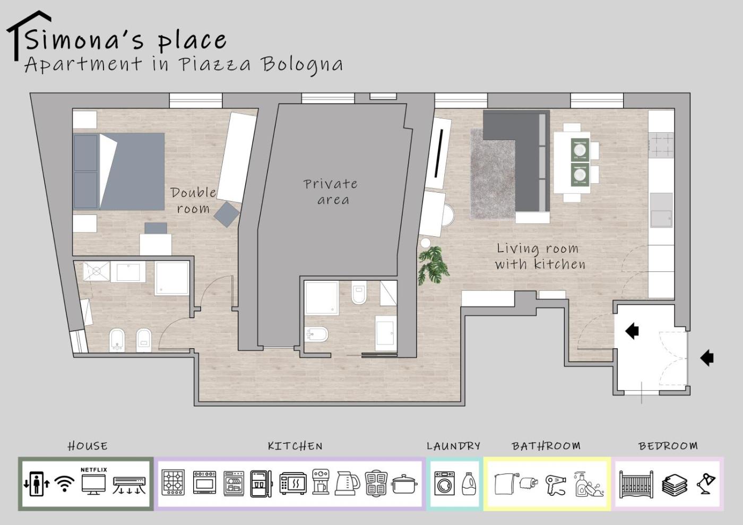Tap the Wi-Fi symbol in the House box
[64, 484]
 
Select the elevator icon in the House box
[37, 484]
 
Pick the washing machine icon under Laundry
[445, 484]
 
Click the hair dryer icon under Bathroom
[556, 485]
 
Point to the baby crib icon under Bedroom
[636, 484]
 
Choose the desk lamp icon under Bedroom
[706, 484]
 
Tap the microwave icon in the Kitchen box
[292, 484]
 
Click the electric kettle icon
[348, 483]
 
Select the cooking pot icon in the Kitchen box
[404, 484]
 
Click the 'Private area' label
[331, 192]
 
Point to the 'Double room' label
[193, 201]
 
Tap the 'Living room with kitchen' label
[540, 256]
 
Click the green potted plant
[433, 265]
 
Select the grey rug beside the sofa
[493, 174]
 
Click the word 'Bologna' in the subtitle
[301, 65]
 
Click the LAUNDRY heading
[453, 446]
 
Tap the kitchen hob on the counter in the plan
[661, 145]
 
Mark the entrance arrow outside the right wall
[707, 358]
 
